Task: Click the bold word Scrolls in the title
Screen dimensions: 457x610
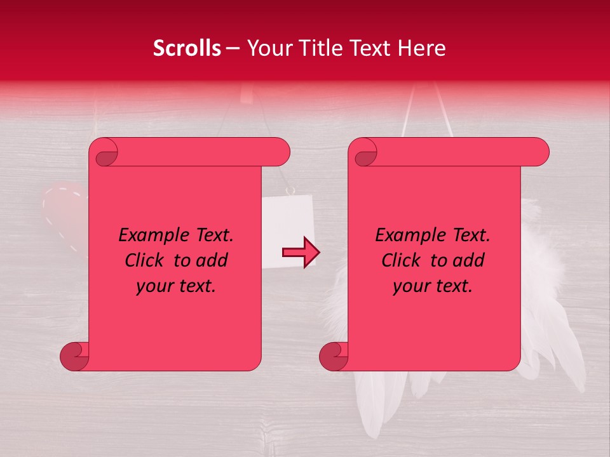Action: (x=187, y=48)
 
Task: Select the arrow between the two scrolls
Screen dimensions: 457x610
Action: (x=301, y=252)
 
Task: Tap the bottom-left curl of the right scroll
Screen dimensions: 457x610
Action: (x=334, y=357)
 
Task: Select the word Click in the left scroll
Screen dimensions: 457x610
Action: (x=146, y=261)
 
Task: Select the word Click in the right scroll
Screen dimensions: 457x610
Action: (x=402, y=261)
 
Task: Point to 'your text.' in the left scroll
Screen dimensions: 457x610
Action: (x=176, y=286)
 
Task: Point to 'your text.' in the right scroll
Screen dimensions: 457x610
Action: (x=433, y=286)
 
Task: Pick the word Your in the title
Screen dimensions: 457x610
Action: (x=266, y=48)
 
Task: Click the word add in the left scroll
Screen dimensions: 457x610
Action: (x=211, y=261)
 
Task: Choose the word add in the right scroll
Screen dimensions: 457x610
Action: (x=468, y=261)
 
